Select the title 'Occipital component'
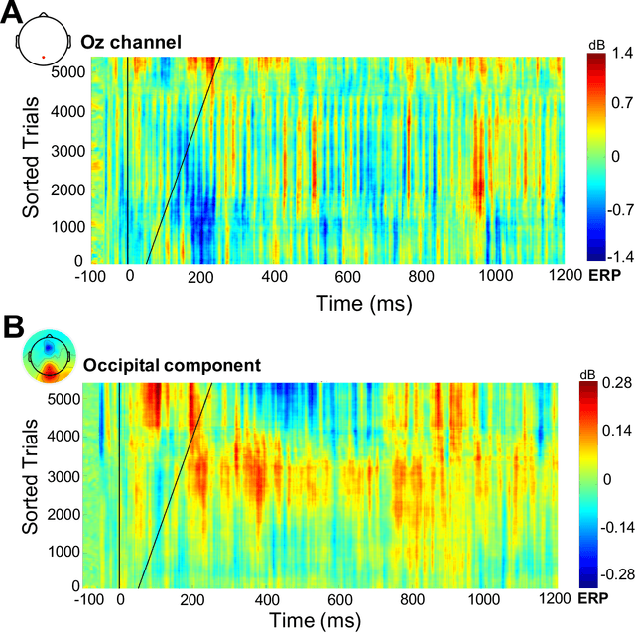(x=172, y=366)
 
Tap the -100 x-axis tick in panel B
(x=88, y=599)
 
